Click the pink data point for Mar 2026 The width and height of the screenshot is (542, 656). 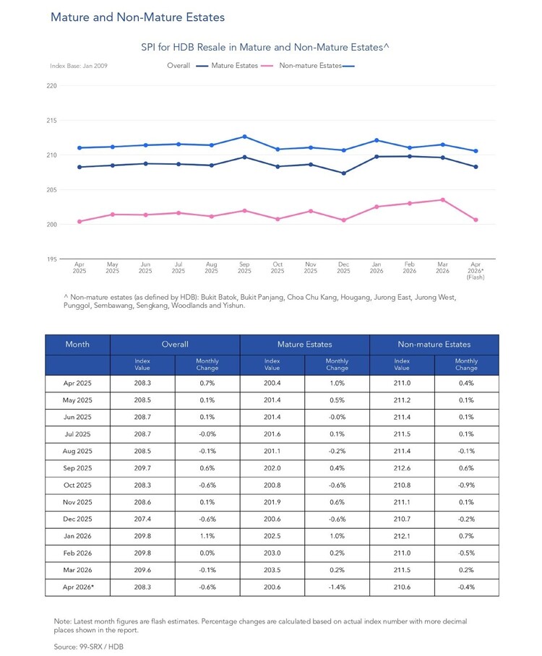tap(442, 200)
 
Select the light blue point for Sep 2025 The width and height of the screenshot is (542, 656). tap(245, 137)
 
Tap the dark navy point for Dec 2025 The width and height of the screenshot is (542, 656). tap(343, 173)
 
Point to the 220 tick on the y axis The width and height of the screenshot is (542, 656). tap(51, 86)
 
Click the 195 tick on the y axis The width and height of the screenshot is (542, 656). tap(51, 259)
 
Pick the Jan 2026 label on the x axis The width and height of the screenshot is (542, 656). tap(377, 268)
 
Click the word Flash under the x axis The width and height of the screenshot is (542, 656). tap(476, 277)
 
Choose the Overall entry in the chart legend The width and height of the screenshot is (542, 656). tap(178, 66)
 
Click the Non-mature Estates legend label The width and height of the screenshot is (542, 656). tap(310, 66)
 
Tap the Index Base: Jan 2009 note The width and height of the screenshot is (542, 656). tap(79, 66)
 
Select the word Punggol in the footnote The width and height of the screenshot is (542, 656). tap(77, 306)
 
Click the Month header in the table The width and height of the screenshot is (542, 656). tap(77, 345)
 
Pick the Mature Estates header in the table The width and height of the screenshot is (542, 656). tap(305, 345)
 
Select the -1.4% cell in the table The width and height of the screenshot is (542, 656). tap(337, 587)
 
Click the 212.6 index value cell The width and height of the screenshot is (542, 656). tap(402, 468)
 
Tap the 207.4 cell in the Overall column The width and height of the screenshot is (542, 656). tap(142, 519)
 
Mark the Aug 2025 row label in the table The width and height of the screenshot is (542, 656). tap(77, 451)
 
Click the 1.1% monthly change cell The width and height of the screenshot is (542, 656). tap(207, 536)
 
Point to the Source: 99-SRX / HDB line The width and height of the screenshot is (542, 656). tap(89, 647)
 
